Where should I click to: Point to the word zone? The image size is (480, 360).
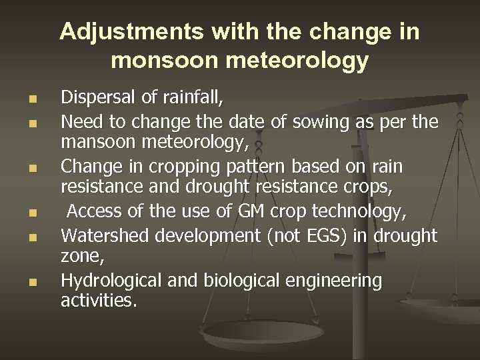click(x=79, y=257)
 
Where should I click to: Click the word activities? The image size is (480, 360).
click(x=97, y=302)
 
